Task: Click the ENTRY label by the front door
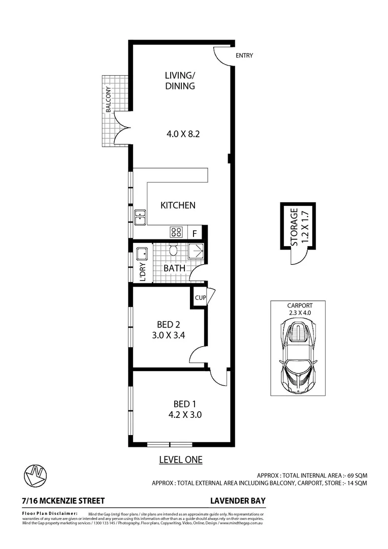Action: pyautogui.click(x=244, y=55)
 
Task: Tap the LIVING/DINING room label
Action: pyautogui.click(x=180, y=81)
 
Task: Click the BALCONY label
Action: pyautogui.click(x=108, y=100)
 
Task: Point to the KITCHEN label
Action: pyautogui.click(x=178, y=205)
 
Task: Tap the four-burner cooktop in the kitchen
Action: pyautogui.click(x=176, y=232)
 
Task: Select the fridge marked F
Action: pyautogui.click(x=195, y=233)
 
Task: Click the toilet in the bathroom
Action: pyautogui.click(x=173, y=251)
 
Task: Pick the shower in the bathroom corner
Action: pyautogui.click(x=195, y=252)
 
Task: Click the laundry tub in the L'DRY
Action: pyautogui.click(x=142, y=253)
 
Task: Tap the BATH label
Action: pyautogui.click(x=174, y=268)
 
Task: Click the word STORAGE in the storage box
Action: pyautogui.click(x=294, y=227)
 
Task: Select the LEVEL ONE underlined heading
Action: pyautogui.click(x=181, y=460)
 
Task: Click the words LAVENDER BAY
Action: pyautogui.click(x=238, y=501)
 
